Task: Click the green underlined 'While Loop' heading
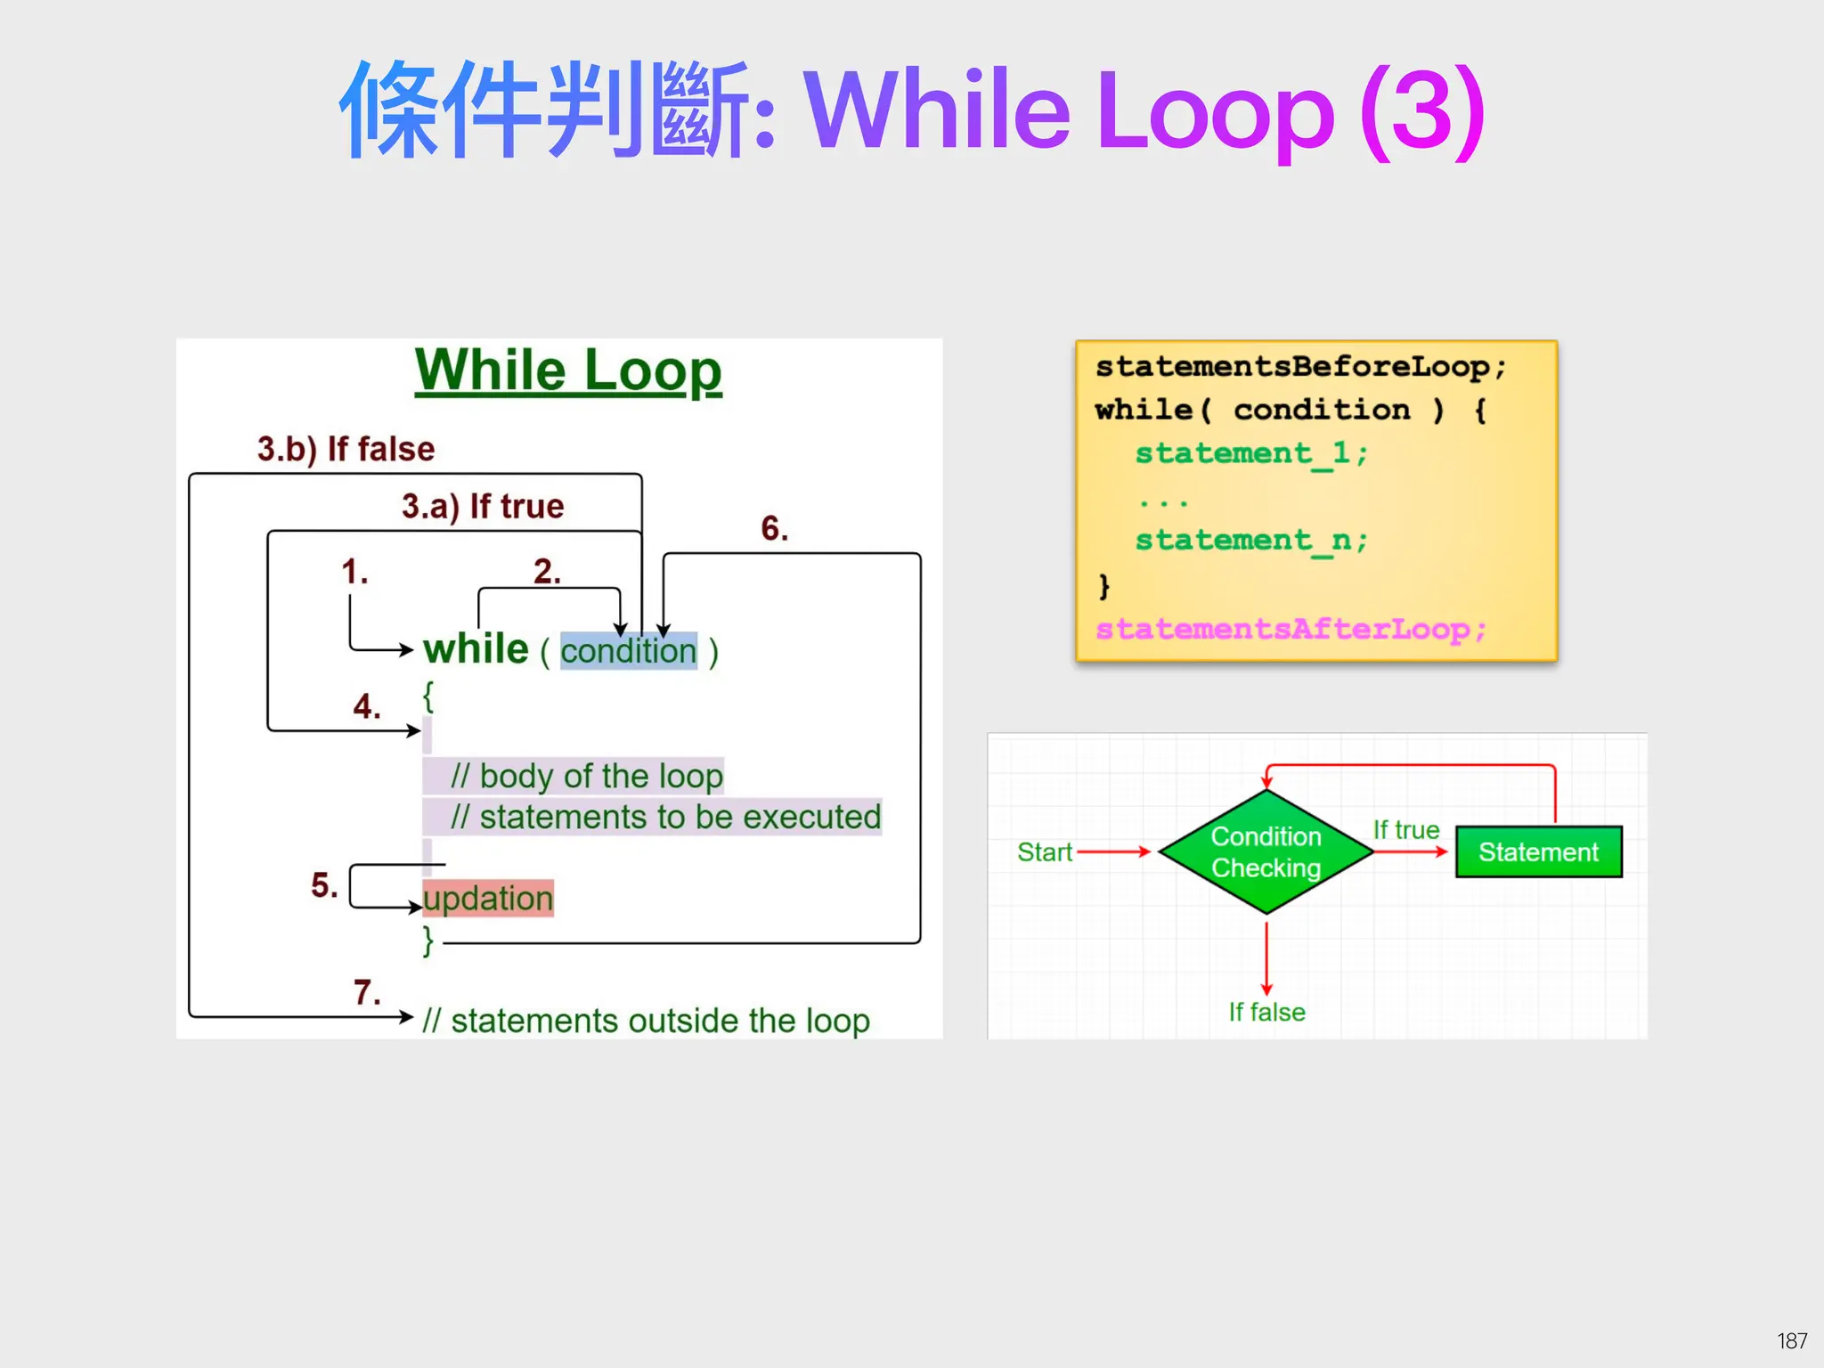(568, 370)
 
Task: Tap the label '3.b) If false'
(346, 449)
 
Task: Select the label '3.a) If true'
(482, 506)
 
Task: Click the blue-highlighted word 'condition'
(628, 651)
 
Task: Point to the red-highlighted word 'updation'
(488, 898)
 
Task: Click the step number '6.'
(774, 528)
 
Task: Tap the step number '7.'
(366, 992)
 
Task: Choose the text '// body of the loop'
(586, 776)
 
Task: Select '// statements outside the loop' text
(646, 1021)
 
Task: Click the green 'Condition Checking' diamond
(1266, 851)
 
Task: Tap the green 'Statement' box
(1538, 852)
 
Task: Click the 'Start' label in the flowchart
(1044, 852)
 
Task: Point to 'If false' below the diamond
(1266, 1013)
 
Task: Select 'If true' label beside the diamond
(1405, 830)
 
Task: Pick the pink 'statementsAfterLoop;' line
(1291, 630)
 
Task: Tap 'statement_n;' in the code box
(1250, 540)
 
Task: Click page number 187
(1791, 1340)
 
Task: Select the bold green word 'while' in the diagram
(476, 649)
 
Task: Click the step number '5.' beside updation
(324, 885)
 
